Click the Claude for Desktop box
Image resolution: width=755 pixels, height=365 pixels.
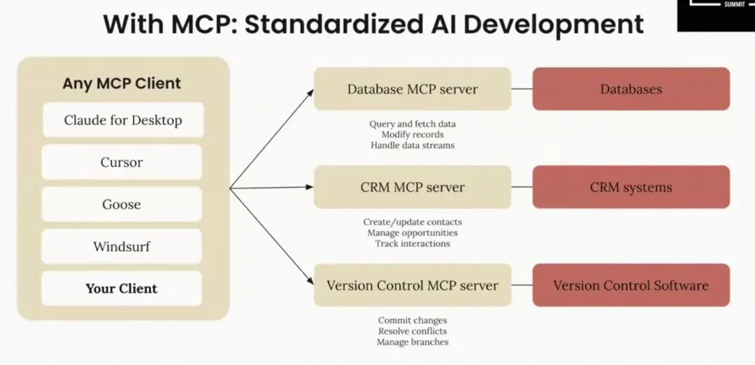(122, 120)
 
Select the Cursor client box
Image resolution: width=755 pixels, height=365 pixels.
(122, 162)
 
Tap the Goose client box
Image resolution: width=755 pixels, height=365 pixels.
(122, 204)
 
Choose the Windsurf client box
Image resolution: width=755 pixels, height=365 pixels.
(122, 246)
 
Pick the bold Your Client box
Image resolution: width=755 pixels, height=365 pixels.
(122, 288)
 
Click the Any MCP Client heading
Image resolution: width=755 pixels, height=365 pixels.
(122, 83)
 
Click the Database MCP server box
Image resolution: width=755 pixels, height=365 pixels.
(412, 89)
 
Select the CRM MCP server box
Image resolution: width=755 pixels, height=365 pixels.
(412, 187)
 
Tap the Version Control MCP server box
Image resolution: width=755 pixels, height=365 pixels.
(412, 285)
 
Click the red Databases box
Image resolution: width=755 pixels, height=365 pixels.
(631, 89)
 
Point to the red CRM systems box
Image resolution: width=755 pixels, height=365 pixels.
(631, 187)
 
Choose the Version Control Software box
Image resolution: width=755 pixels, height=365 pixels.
(631, 285)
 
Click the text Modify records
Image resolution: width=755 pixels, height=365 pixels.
(412, 134)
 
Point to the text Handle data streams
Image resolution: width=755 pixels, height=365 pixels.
(412, 145)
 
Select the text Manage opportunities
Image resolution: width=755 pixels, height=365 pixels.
(412, 233)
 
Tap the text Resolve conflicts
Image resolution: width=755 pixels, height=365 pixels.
(412, 331)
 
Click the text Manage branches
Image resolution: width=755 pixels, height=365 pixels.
(412, 342)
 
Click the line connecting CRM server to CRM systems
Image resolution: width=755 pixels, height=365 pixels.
(522, 187)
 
